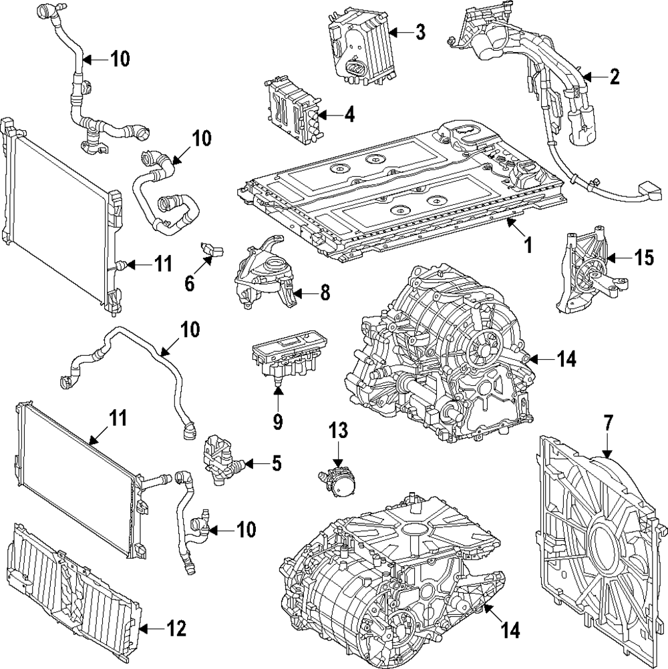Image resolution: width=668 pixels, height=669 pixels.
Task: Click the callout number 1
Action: tap(528, 245)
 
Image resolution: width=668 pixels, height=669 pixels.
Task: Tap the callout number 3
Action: tap(420, 32)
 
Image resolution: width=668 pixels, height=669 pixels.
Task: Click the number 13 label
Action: tap(338, 430)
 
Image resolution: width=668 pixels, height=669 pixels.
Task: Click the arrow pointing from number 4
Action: tap(329, 114)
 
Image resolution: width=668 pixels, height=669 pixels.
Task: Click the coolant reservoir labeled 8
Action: tap(265, 273)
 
